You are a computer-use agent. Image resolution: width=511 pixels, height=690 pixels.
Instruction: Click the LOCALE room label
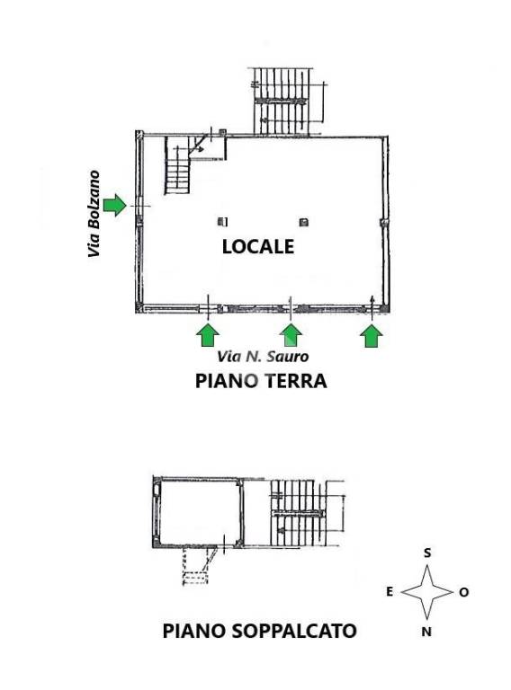tap(258, 246)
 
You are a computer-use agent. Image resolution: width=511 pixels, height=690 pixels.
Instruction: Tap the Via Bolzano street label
tap(94, 214)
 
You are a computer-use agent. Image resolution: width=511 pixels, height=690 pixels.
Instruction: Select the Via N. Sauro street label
tap(263, 356)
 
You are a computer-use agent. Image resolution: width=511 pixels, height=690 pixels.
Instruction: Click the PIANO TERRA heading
tap(261, 381)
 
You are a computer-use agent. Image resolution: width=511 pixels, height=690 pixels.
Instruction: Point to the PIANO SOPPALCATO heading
tap(259, 631)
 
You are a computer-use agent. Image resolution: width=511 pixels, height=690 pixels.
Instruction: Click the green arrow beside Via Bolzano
tap(115, 205)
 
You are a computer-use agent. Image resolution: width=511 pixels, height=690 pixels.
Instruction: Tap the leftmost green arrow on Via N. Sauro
tap(208, 335)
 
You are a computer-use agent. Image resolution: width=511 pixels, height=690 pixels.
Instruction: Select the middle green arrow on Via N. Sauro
tap(291, 335)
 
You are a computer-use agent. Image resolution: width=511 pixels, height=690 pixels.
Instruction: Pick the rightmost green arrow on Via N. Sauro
tap(372, 336)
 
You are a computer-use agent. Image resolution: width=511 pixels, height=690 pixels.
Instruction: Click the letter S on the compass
tap(426, 553)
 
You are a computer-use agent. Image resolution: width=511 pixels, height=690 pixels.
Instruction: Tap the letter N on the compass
tap(426, 632)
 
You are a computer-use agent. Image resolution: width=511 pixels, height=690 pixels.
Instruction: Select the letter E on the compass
tap(390, 592)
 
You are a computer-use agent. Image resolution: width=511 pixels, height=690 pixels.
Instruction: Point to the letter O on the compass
tap(464, 592)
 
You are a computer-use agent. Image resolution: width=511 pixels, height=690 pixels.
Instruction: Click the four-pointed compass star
tap(426, 592)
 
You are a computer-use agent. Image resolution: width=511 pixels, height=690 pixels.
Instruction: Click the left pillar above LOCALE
tap(223, 221)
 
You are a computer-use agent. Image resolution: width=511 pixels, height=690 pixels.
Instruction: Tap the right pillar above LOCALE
tap(303, 222)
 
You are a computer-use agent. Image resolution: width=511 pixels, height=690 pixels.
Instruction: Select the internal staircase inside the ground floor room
tap(178, 165)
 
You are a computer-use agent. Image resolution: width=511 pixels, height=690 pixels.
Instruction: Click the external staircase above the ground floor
tap(280, 101)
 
